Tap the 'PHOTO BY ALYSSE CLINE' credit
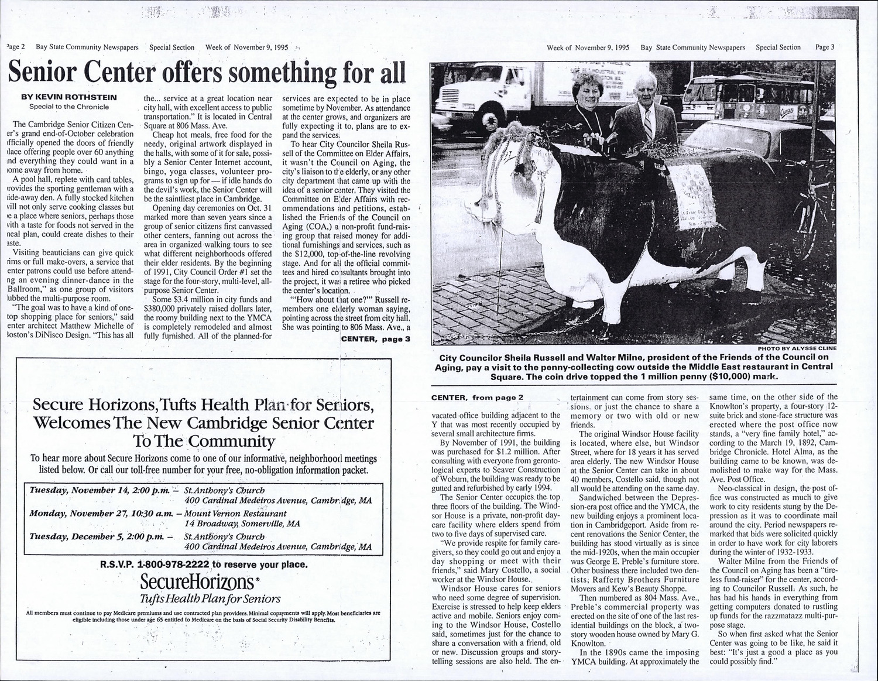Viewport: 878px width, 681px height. click(x=800, y=348)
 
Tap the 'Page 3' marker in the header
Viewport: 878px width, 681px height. click(x=824, y=47)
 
